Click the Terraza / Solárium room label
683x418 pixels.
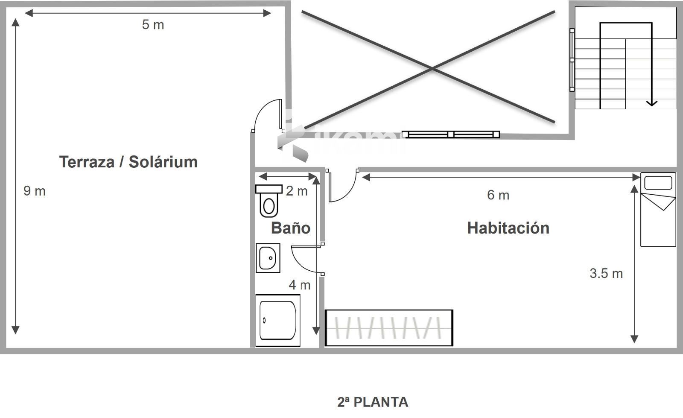click(128, 161)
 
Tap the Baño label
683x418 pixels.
click(291, 228)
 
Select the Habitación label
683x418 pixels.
click(508, 228)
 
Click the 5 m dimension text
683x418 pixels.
click(153, 25)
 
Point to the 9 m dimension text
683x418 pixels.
click(35, 191)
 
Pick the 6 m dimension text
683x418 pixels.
click(498, 195)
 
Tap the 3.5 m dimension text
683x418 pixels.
click(606, 273)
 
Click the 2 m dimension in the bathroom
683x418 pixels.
click(297, 191)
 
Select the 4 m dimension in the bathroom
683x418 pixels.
click(299, 285)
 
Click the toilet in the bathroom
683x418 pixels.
click(269, 201)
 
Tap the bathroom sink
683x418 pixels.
click(268, 258)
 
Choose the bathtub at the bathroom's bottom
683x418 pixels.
click(278, 320)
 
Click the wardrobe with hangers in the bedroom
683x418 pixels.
click(389, 328)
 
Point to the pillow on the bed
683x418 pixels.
click(658, 183)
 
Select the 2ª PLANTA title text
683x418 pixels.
click(373, 402)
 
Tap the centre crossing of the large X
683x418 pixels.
click(432, 69)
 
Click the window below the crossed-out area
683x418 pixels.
click(451, 134)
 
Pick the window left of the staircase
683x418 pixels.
click(572, 60)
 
